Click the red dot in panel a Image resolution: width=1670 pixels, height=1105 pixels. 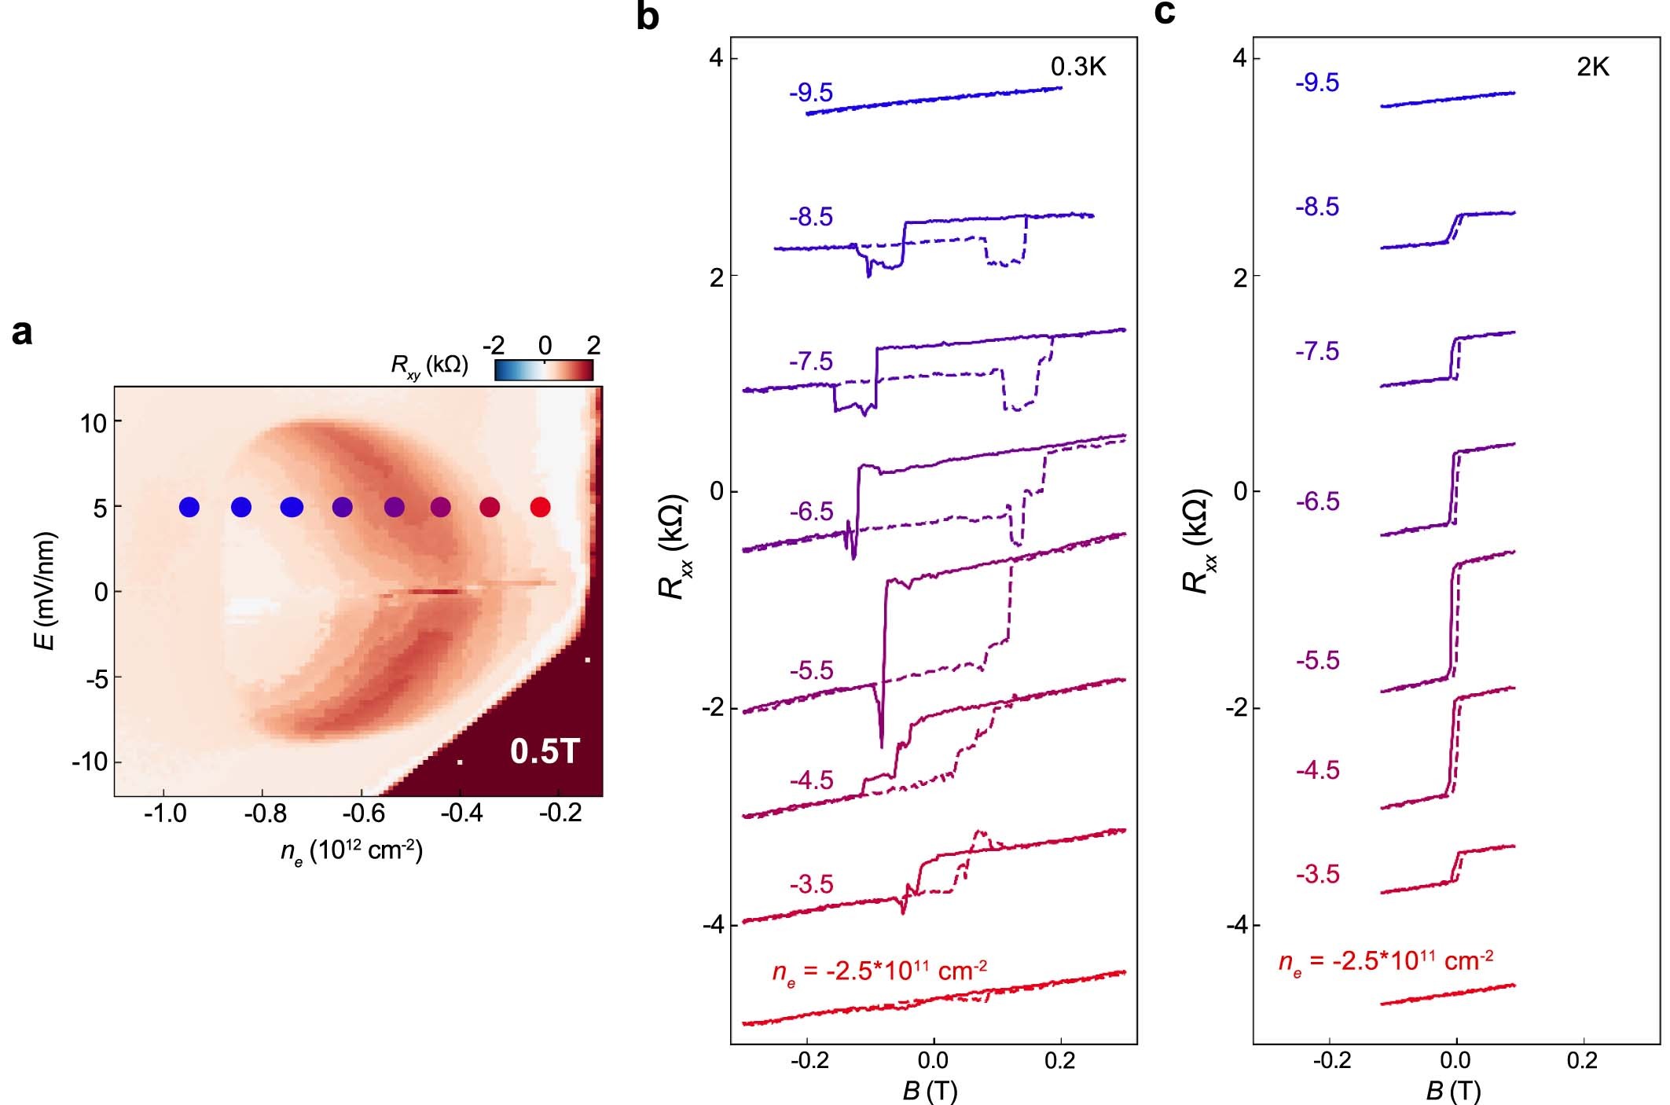click(x=540, y=507)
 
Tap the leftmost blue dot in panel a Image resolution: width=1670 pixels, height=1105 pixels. click(x=189, y=507)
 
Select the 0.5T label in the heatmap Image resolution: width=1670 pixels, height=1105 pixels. click(x=545, y=751)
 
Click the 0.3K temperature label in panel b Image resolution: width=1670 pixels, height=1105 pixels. click(x=1078, y=68)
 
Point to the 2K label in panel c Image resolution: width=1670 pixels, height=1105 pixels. click(x=1592, y=68)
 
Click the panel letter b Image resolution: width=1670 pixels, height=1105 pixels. click(x=647, y=17)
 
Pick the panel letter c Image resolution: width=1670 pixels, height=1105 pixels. click(x=1165, y=13)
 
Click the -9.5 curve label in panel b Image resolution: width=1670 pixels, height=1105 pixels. click(x=811, y=94)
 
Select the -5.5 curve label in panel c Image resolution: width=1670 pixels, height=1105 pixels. click(x=1318, y=661)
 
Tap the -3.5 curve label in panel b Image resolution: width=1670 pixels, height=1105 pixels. click(x=811, y=885)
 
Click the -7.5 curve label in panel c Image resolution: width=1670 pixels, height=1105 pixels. click(x=1318, y=351)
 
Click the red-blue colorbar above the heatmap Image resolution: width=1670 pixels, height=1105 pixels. click(x=544, y=370)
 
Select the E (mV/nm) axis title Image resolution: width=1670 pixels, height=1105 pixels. click(x=46, y=591)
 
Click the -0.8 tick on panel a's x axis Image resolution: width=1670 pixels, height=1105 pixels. click(x=264, y=813)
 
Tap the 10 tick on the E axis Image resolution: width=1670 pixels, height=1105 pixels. click(x=94, y=424)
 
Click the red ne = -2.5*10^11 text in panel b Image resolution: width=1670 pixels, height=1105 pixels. click(x=879, y=972)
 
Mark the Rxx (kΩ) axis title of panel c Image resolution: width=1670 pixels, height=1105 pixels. click(x=1197, y=542)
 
